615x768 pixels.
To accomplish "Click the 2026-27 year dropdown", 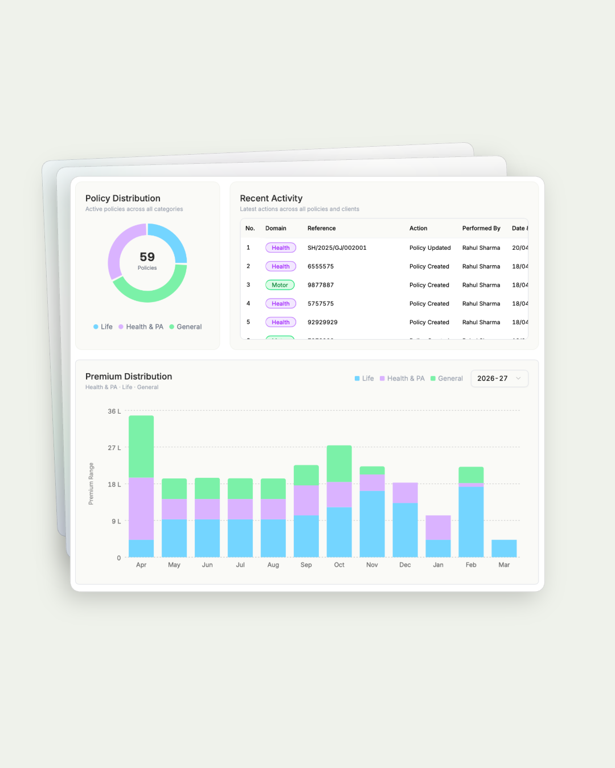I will click(x=499, y=378).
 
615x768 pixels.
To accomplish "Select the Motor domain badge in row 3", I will click(x=280, y=285).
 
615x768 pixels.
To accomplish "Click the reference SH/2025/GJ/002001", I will click(x=337, y=248).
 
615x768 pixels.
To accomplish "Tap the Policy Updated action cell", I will click(x=429, y=248).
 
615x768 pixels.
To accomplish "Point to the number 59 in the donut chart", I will click(x=147, y=257).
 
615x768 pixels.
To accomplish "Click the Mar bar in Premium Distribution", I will click(x=504, y=548).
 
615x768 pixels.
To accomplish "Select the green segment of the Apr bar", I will click(x=141, y=447).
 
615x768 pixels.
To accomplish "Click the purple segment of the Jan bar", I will click(x=438, y=528).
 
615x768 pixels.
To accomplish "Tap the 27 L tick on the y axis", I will click(x=114, y=448).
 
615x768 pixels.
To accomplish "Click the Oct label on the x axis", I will click(x=339, y=565).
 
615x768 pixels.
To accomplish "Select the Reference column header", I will click(x=321, y=229).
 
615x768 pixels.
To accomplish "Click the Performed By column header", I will click(x=481, y=229).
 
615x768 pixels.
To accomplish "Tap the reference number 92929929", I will click(x=322, y=323).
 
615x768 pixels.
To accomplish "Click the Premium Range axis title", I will click(x=91, y=484).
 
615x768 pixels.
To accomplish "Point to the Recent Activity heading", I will click(x=271, y=199).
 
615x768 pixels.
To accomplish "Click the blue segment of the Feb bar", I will click(x=471, y=521).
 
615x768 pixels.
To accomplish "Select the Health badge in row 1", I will click(x=280, y=248).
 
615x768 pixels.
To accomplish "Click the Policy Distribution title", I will click(x=122, y=199).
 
